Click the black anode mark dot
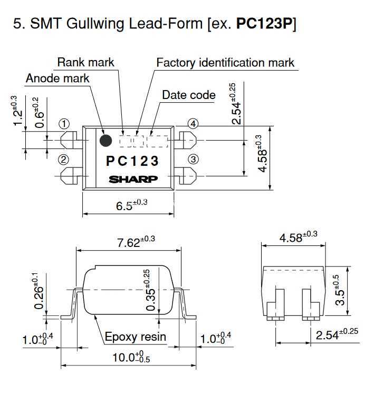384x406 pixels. tap(105, 141)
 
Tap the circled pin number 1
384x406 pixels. tap(64, 124)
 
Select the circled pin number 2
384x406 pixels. tap(63, 160)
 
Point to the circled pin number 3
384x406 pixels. tap(193, 159)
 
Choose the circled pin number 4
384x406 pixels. tap(193, 124)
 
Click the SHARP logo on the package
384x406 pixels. tap(133, 179)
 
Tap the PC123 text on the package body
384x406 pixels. tap(132, 161)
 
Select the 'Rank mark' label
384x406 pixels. tap(85, 63)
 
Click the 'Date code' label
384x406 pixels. tap(189, 95)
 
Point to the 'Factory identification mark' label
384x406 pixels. tap(225, 63)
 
